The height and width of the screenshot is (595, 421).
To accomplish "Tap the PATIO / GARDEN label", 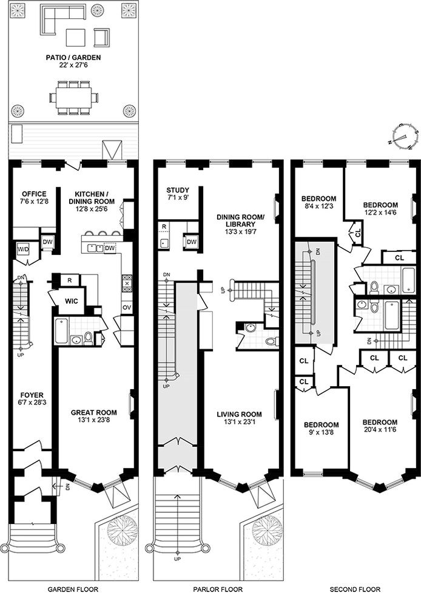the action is click(x=72, y=58).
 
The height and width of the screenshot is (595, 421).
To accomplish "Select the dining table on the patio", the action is click(x=72, y=97).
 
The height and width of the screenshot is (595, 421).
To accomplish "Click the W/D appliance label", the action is click(x=24, y=249).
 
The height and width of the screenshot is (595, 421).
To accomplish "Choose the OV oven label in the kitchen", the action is click(x=126, y=308).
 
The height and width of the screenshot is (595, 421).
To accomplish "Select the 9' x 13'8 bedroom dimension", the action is click(x=321, y=433).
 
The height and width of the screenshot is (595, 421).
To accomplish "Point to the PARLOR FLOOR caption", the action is click(x=218, y=589).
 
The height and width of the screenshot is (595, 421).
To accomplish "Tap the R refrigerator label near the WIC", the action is click(x=70, y=280).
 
